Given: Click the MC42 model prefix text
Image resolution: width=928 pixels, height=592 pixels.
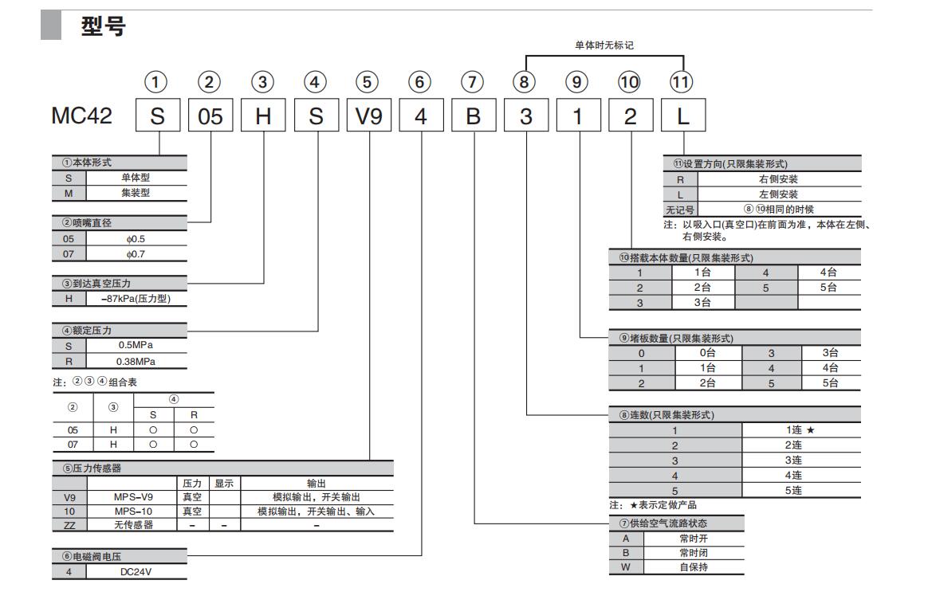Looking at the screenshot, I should [81, 116].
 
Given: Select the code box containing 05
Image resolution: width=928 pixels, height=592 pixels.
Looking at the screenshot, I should [210, 116].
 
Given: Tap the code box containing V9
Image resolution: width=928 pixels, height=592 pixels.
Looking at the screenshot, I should [368, 116].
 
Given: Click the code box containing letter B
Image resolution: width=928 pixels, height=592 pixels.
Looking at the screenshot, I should [474, 116].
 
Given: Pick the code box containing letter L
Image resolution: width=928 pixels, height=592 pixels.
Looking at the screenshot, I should [683, 116].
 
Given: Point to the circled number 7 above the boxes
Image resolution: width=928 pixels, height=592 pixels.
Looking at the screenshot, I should [473, 81].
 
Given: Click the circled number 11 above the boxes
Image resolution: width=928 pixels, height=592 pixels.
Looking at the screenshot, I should [682, 81].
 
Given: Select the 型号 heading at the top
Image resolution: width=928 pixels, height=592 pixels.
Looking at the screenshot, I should [104, 27].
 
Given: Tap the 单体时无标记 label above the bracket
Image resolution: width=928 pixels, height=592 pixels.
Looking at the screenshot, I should [604, 45].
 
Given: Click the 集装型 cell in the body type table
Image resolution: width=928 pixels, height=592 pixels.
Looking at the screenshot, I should [136, 193].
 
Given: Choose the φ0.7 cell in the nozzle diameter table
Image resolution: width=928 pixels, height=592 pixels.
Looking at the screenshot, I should [136, 254].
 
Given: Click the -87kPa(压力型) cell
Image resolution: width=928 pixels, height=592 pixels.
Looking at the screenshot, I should [136, 299].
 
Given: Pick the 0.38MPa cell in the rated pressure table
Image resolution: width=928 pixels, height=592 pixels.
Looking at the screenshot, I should [136, 361].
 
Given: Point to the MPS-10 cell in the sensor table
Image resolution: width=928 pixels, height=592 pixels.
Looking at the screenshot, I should [132, 511].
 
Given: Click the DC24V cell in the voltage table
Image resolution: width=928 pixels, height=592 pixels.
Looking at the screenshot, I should [136, 571].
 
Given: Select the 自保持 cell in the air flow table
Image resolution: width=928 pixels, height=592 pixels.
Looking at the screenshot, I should [693, 567].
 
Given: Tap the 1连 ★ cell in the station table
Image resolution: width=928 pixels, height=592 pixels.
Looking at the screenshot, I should [800, 430].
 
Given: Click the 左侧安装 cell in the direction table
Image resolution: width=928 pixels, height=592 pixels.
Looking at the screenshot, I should [778, 194].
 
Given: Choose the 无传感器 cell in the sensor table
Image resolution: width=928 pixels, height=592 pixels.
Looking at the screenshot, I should [132, 524].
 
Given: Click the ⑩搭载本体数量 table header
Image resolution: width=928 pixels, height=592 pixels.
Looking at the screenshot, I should [686, 257].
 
